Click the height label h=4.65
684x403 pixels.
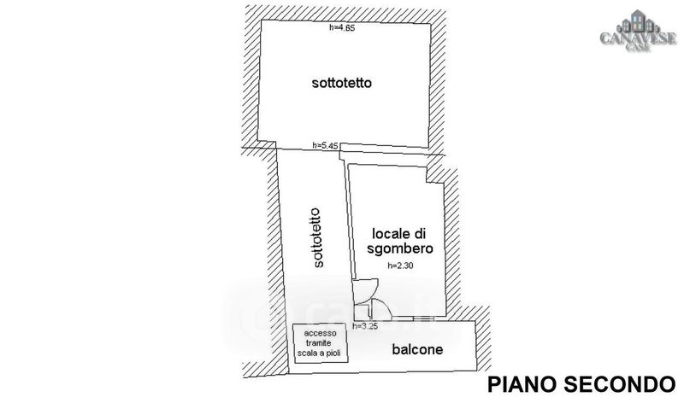343,28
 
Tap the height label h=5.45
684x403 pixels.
326,146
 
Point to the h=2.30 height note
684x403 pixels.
400,266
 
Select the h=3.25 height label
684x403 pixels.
365,326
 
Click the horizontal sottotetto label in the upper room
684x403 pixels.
341,83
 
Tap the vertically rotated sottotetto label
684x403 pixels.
317,238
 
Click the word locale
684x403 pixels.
392,234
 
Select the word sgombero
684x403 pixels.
400,248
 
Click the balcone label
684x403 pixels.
417,349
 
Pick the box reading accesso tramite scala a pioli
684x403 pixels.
321,343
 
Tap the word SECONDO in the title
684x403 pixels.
620,385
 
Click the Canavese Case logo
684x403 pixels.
638,32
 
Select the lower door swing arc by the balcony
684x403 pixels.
386,307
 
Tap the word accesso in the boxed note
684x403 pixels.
320,333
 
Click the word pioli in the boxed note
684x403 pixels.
331,353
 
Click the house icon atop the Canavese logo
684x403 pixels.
638,22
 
